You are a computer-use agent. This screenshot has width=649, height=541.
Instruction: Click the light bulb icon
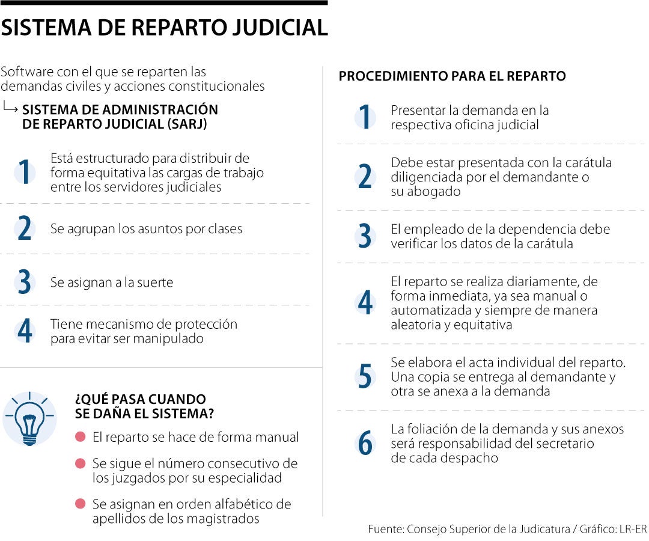[29, 419]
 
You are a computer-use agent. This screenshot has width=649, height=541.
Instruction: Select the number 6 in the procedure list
[365, 444]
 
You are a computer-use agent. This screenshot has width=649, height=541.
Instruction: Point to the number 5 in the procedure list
[365, 377]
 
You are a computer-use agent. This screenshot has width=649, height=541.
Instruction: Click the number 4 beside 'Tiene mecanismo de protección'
[25, 331]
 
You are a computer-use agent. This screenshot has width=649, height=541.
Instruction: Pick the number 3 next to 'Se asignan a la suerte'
[25, 283]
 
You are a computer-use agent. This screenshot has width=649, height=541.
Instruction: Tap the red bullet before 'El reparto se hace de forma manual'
[80, 437]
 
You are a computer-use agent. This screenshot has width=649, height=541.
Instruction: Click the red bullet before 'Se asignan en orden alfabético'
[80, 504]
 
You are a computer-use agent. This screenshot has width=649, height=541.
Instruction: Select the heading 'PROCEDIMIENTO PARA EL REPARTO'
[452, 76]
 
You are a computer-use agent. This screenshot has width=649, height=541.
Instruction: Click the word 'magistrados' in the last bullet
[225, 518]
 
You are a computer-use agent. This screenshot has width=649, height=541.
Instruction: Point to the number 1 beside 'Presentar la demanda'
[365, 118]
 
